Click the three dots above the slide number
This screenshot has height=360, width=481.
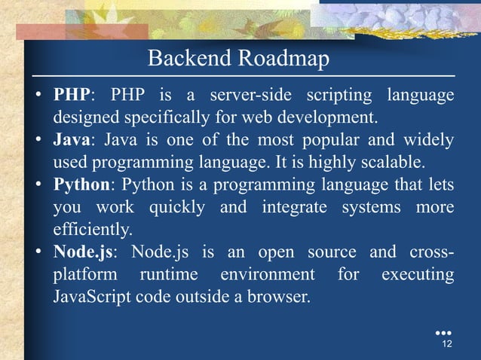pos(443,331)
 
